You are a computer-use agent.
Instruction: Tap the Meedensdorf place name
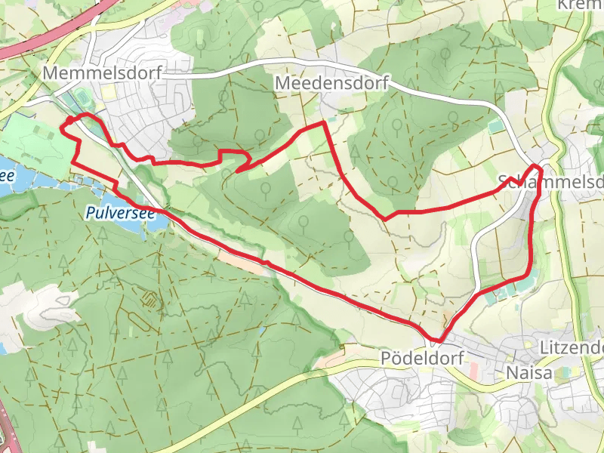point(332,82)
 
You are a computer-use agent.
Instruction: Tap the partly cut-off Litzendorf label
point(572,348)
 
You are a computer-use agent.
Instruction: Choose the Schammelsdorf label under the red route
point(551,182)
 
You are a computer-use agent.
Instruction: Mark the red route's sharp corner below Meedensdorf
point(325,122)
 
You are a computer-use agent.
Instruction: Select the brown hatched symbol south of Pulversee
point(152,300)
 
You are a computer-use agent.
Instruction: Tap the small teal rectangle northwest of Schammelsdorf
point(495,126)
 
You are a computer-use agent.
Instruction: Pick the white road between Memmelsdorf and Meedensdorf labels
point(219,72)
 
